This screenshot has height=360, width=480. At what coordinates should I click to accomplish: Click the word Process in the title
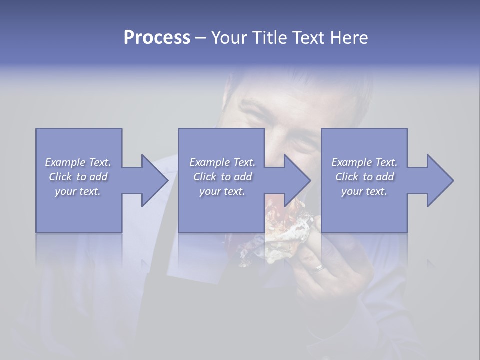tap(157, 37)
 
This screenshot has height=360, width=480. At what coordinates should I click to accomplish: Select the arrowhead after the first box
tap(153, 180)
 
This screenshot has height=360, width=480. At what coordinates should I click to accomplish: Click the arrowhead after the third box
tap(438, 180)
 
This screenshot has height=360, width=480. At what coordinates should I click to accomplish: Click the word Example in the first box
tap(65, 162)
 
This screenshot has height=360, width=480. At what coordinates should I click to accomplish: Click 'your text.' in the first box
tap(78, 191)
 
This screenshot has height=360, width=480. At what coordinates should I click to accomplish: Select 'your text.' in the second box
tap(222, 191)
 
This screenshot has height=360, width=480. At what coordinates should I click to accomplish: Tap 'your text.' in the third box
tap(364, 191)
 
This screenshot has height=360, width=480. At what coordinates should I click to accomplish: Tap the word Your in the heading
tap(229, 37)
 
